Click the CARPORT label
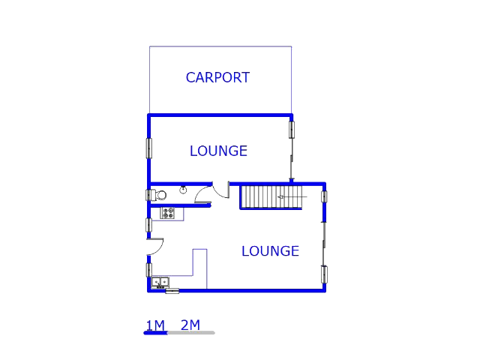point(217,77)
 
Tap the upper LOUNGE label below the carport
point(218,151)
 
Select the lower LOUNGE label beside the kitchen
point(270,251)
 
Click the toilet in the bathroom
point(160,196)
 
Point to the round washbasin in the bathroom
point(183,190)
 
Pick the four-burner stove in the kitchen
point(169,213)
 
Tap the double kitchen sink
point(160,283)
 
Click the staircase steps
point(259,198)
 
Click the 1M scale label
point(155,325)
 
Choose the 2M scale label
point(190,325)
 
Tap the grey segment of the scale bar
point(190,332)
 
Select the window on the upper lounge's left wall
point(148,148)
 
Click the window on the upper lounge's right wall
point(292,129)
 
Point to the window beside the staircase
point(325,197)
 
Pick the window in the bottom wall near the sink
point(172,291)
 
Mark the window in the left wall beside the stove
point(148,224)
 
